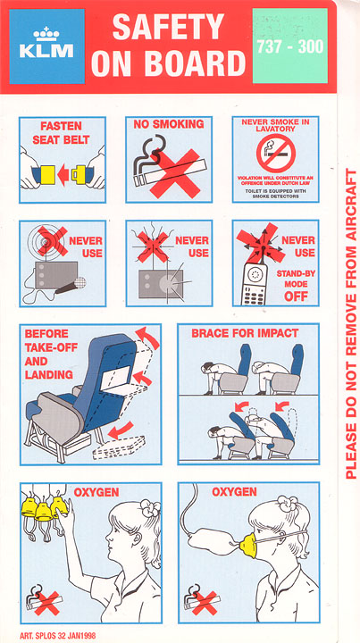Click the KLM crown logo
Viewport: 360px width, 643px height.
(46, 34)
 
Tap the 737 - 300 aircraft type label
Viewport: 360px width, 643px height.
(290, 46)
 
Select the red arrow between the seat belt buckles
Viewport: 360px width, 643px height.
(63, 175)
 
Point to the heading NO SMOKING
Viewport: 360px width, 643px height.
(169, 125)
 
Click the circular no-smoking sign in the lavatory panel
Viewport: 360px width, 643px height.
(275, 154)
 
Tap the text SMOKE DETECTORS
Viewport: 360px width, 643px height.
(275, 196)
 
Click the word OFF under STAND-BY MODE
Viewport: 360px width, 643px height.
(296, 296)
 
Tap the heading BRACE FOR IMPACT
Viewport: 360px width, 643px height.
(245, 333)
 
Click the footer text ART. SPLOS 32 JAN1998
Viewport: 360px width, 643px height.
(57, 636)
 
